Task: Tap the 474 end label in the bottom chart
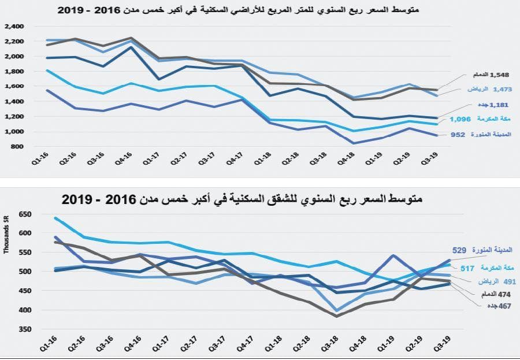[x=477, y=294]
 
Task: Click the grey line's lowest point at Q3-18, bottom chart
[x=336, y=316]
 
